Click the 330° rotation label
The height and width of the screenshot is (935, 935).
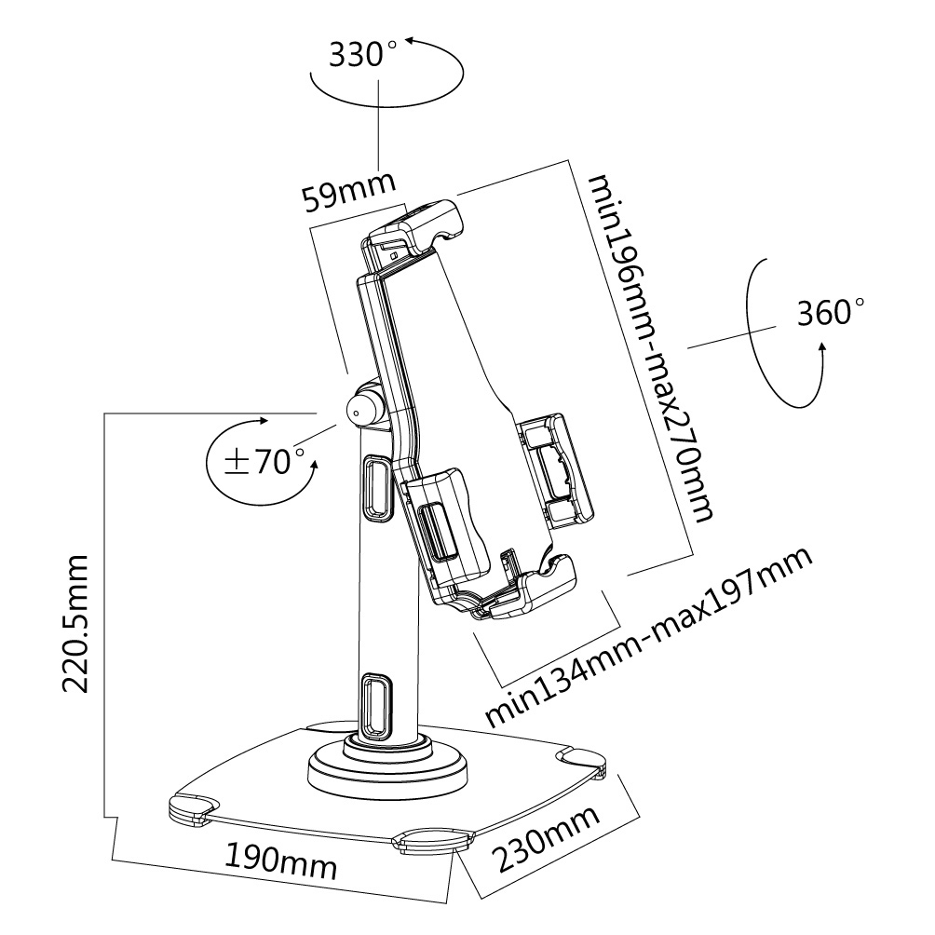(x=357, y=55)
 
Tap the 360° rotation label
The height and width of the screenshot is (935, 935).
(x=831, y=312)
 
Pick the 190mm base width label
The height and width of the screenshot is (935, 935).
(x=280, y=860)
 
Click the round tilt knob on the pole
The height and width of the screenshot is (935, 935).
(x=363, y=408)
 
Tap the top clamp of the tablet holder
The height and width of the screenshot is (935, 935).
(x=416, y=226)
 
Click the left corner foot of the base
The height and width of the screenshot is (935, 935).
(x=193, y=808)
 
